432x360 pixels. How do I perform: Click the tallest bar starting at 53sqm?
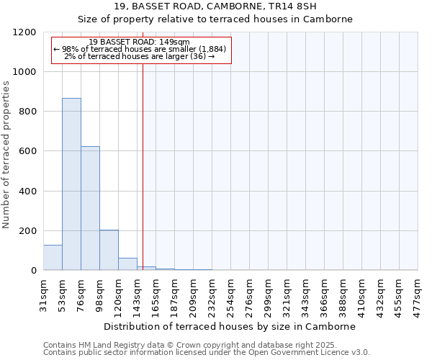coord(71,184)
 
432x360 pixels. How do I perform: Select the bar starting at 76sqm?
coord(90,208)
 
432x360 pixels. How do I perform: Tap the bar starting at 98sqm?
coord(109,250)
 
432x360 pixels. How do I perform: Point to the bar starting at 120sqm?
coord(127,264)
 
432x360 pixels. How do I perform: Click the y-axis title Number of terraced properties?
coord(6,155)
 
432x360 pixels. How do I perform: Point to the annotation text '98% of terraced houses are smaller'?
coord(140,49)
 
